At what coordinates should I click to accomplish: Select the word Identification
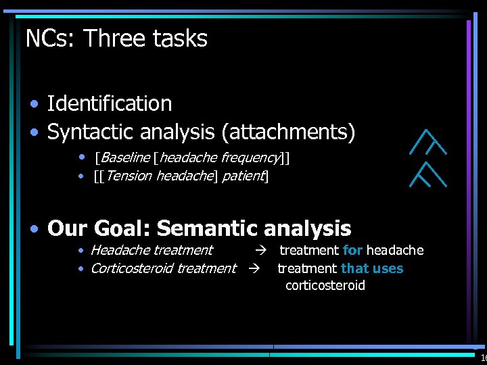[110, 104]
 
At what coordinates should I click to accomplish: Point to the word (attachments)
[287, 132]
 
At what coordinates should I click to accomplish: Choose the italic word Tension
[129, 177]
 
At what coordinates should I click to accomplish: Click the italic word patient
[243, 177]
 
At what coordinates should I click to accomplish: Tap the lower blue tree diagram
[430, 174]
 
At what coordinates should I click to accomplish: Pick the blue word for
[352, 251]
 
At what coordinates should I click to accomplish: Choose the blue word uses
[388, 269]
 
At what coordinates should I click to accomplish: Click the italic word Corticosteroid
[132, 269]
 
